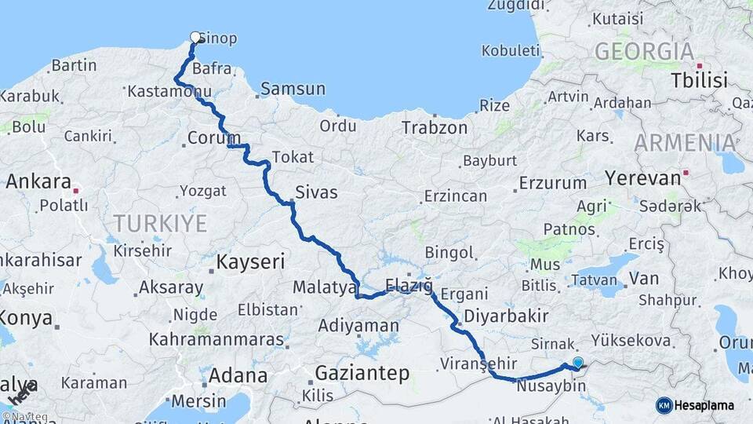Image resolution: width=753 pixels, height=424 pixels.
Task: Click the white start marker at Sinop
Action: click(x=195, y=37)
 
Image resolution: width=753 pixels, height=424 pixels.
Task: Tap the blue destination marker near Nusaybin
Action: click(x=578, y=362)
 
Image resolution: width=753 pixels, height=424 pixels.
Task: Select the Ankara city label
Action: click(x=38, y=182)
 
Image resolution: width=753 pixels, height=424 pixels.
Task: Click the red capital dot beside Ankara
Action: click(x=76, y=190)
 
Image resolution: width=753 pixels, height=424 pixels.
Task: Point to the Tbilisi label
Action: click(x=699, y=80)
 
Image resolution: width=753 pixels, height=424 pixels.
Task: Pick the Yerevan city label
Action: click(x=643, y=178)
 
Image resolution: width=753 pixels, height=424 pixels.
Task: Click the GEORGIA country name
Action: click(x=644, y=52)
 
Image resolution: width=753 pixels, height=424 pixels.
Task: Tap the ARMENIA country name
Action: click(x=685, y=143)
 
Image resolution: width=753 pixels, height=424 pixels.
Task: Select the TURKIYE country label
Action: click(x=159, y=224)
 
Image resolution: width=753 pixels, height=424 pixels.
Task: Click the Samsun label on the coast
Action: click(x=293, y=89)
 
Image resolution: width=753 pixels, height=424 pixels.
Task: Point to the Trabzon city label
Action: click(x=434, y=128)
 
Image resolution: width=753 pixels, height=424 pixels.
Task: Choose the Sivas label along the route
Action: click(x=316, y=192)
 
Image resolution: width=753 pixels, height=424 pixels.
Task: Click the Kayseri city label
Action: click(x=250, y=262)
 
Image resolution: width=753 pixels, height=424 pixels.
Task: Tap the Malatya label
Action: click(x=325, y=288)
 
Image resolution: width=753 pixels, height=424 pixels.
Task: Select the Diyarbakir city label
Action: click(x=505, y=316)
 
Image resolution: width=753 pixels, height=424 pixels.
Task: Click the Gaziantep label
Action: click(x=362, y=373)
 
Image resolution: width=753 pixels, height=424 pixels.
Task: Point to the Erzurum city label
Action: click(x=554, y=184)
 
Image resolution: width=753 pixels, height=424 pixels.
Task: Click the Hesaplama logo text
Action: click(x=706, y=405)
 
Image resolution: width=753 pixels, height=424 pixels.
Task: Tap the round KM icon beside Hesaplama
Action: click(x=664, y=405)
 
